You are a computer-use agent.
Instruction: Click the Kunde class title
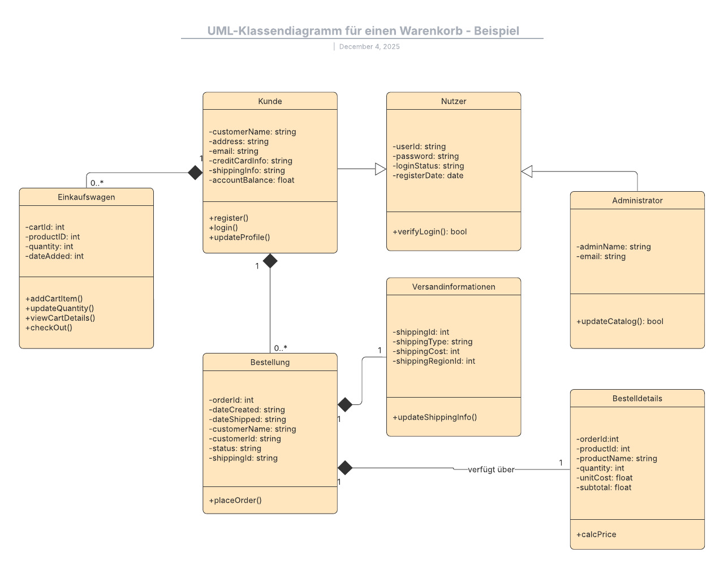(x=270, y=101)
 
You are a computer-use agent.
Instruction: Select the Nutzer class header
(x=454, y=101)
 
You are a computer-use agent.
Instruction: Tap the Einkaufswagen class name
(x=86, y=197)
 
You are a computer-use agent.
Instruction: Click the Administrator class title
(x=637, y=201)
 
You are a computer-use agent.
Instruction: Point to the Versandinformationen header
(x=454, y=287)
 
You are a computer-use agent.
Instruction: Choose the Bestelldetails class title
(x=637, y=399)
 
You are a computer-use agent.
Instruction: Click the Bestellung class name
(x=270, y=363)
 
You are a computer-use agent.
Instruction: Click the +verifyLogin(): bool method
(x=429, y=232)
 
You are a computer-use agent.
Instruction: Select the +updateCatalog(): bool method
(x=619, y=321)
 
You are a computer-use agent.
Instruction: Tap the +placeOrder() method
(x=235, y=501)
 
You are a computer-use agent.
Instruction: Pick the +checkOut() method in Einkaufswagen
(x=49, y=328)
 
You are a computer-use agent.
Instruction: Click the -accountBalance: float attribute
(x=252, y=180)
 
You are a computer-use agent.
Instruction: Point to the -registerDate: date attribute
(x=428, y=176)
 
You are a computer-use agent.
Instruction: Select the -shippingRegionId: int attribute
(x=434, y=361)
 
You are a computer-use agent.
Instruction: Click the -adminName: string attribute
(x=613, y=247)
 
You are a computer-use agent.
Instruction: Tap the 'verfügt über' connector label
(x=491, y=470)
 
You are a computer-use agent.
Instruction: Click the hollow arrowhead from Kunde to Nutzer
(x=381, y=169)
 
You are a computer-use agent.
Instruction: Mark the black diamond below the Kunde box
(x=270, y=261)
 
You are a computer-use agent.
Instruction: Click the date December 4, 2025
(x=369, y=47)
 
